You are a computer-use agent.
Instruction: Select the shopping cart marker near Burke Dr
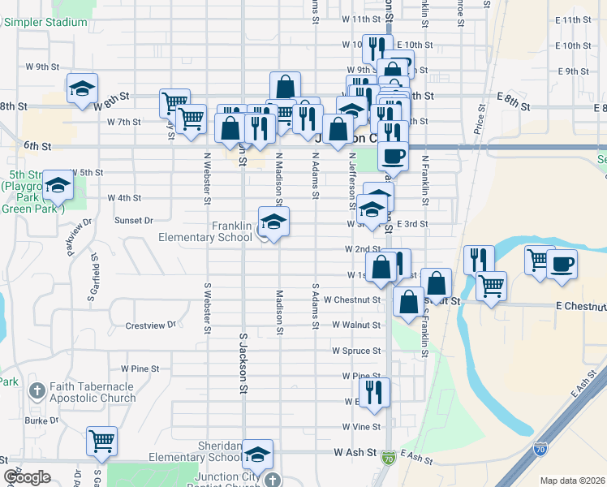pos(102,442)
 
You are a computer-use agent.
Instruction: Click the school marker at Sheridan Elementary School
pos(258,455)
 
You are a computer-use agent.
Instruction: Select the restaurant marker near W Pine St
pos(374,392)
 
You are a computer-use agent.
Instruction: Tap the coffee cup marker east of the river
pos(562,264)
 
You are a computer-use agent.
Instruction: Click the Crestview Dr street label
pos(151,325)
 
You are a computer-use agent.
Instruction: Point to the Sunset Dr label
pos(134,220)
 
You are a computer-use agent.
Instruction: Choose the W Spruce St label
pos(357,351)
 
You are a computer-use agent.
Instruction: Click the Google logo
pos(27,477)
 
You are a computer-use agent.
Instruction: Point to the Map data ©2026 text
pos(571,481)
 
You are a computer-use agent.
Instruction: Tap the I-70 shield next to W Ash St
pos(390,458)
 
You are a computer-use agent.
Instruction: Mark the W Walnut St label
pos(358,325)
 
